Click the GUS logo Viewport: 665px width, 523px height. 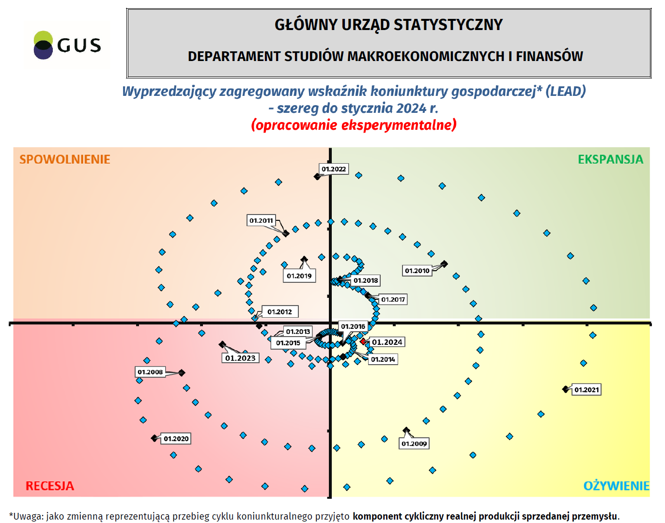[x=67, y=45]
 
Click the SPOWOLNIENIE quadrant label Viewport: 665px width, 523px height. [x=65, y=159]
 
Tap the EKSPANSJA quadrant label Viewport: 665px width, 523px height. [x=610, y=159]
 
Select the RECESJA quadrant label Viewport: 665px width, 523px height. [x=50, y=486]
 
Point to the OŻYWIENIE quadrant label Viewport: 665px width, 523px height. [x=616, y=486]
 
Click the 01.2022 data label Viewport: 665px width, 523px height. [x=334, y=169]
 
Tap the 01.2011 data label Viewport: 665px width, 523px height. [x=261, y=220]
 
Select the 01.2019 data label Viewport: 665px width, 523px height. [x=299, y=276]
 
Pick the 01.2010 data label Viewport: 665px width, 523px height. [x=417, y=271]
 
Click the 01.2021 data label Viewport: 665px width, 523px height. [x=587, y=390]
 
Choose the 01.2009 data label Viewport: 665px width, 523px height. [x=414, y=444]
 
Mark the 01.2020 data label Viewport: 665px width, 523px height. [x=176, y=439]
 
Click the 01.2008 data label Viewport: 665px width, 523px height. [x=150, y=372]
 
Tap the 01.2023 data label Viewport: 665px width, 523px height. [x=240, y=358]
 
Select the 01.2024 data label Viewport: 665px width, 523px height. [x=387, y=342]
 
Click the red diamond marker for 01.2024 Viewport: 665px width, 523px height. [x=363, y=341]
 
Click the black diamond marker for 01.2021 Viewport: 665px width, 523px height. [x=566, y=389]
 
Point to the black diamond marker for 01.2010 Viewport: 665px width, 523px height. [x=444, y=264]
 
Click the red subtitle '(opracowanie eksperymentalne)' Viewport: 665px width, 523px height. [x=354, y=125]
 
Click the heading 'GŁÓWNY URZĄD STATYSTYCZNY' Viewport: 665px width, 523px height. [x=388, y=25]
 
